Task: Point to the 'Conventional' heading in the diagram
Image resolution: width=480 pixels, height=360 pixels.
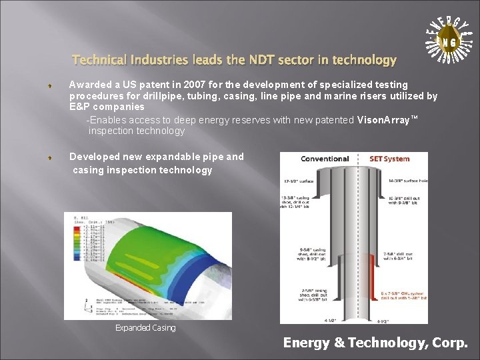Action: point(325,159)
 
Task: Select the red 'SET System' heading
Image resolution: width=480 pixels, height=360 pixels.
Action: point(389,159)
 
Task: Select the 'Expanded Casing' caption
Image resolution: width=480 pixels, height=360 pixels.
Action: point(145,327)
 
